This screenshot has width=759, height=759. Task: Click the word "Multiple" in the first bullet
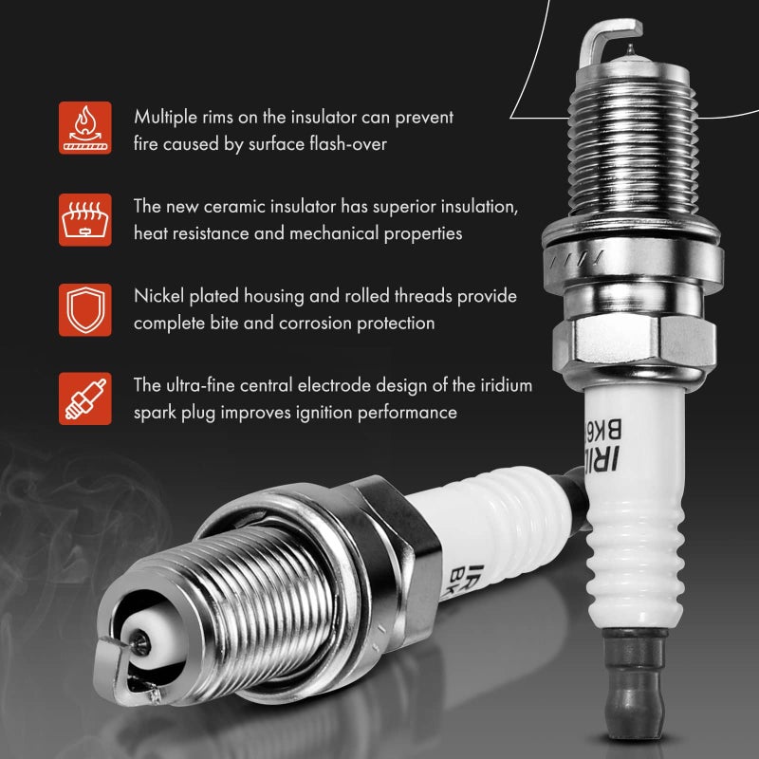click(x=164, y=118)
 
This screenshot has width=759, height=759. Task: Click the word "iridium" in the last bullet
click(x=503, y=385)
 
